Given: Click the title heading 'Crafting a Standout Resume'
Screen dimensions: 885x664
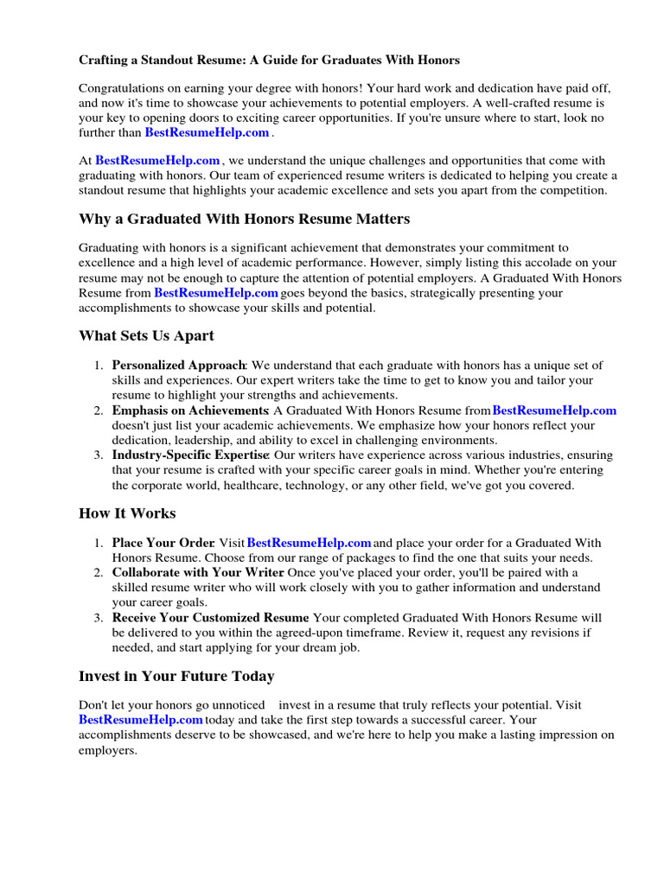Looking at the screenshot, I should click(x=269, y=60).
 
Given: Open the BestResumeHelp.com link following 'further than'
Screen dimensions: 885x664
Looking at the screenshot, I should click(x=207, y=132).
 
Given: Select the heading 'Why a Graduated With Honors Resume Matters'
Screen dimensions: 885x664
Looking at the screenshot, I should click(x=244, y=219).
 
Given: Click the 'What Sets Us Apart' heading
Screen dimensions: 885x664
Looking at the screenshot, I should click(x=146, y=335).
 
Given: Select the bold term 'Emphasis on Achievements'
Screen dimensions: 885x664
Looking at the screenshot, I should click(x=189, y=411).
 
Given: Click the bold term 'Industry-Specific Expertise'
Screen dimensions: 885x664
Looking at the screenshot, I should click(x=190, y=455).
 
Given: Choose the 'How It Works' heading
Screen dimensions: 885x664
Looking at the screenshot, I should click(x=127, y=513).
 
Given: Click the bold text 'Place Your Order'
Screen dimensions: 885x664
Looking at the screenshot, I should click(x=163, y=543).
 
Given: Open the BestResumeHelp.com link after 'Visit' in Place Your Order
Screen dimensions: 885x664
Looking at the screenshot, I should click(x=309, y=543).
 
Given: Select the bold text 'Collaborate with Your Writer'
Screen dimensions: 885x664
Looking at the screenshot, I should click(x=198, y=572).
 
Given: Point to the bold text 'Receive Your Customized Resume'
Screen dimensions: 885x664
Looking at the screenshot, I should click(x=210, y=618).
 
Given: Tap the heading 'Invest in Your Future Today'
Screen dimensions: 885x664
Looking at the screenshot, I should click(x=176, y=676).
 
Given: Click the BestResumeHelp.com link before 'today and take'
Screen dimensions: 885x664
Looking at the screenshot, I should click(x=141, y=719).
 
